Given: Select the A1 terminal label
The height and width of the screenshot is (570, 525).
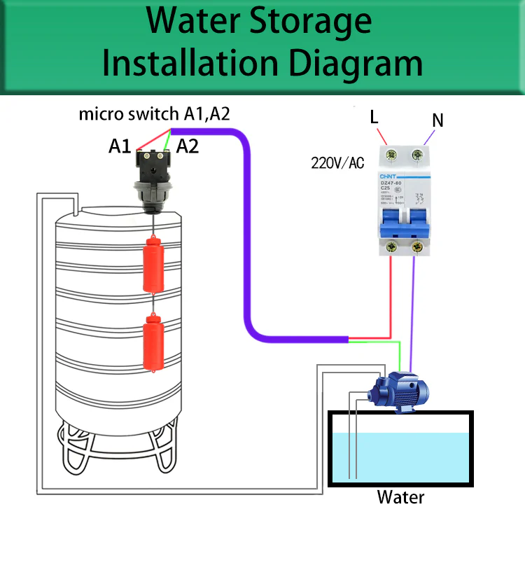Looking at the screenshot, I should pos(120,146).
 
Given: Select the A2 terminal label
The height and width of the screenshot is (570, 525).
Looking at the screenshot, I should pos(188,146).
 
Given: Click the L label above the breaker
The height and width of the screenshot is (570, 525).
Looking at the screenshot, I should pos(374,117).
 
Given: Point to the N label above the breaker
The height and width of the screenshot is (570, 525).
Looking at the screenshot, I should pos(437,120).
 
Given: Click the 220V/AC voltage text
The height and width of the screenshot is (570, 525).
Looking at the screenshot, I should pos(337,164).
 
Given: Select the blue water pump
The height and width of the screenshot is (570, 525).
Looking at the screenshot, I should pos(399,389).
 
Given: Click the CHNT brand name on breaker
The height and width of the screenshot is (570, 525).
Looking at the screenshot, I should pos(388,176).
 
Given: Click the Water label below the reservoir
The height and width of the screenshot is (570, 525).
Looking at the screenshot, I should pos(400,498).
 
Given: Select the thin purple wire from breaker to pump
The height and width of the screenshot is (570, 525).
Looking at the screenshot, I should pos(414,308).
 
